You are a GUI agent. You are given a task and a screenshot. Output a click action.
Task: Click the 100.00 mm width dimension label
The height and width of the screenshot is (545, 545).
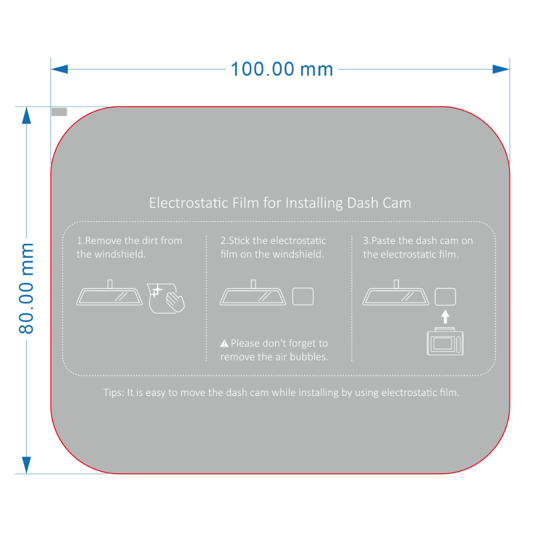coord(282,69)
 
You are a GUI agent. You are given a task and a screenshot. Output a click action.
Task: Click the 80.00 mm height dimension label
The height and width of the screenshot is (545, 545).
coord(26,288)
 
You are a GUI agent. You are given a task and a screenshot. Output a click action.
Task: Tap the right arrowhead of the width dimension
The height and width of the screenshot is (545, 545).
coord(501,69)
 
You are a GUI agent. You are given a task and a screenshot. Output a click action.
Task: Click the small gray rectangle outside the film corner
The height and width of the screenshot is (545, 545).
coord(59,112)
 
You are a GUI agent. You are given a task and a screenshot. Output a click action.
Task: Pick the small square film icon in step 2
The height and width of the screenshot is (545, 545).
coord(303,296)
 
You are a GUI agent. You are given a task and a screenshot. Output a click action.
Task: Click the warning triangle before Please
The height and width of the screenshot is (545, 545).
coord(224,344)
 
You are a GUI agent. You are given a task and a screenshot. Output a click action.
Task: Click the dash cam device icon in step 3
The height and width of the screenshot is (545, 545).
coord(445,343)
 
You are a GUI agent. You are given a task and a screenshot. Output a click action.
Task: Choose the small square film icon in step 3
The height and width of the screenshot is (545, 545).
coord(445,296)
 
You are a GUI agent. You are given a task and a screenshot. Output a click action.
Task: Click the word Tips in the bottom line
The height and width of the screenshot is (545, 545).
coord(113,393)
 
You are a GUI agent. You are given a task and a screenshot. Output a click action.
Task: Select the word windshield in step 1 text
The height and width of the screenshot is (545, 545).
coord(120,254)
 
